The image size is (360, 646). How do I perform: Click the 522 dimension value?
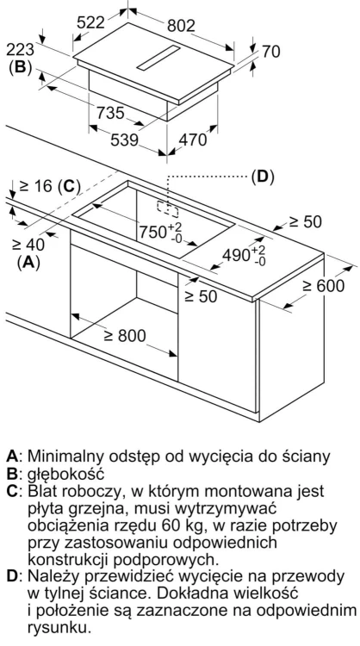click(x=91, y=22)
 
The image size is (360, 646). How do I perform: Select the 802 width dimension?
click(x=181, y=26)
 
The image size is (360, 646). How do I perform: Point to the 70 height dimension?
click(x=271, y=51)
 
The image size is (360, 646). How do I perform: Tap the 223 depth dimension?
click(x=20, y=50)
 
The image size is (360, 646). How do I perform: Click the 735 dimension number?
click(x=110, y=113)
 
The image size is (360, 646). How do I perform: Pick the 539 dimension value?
click(x=124, y=140)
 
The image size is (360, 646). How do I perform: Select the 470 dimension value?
click(x=192, y=140)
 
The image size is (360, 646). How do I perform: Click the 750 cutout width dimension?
click(x=160, y=232)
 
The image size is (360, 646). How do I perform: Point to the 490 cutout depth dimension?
click(x=244, y=255)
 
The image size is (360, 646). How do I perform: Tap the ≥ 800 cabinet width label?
click(x=124, y=336)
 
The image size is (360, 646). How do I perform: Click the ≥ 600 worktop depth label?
click(x=323, y=285)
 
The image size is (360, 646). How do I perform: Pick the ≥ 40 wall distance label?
click(x=28, y=245)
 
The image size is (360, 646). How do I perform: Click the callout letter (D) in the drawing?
click(x=263, y=177)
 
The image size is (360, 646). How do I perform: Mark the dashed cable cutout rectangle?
click(x=167, y=209)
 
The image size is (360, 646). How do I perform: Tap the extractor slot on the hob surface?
click(x=158, y=59)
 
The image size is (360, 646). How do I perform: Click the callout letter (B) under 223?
click(x=20, y=67)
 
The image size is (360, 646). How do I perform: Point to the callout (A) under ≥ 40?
click(x=28, y=263)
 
